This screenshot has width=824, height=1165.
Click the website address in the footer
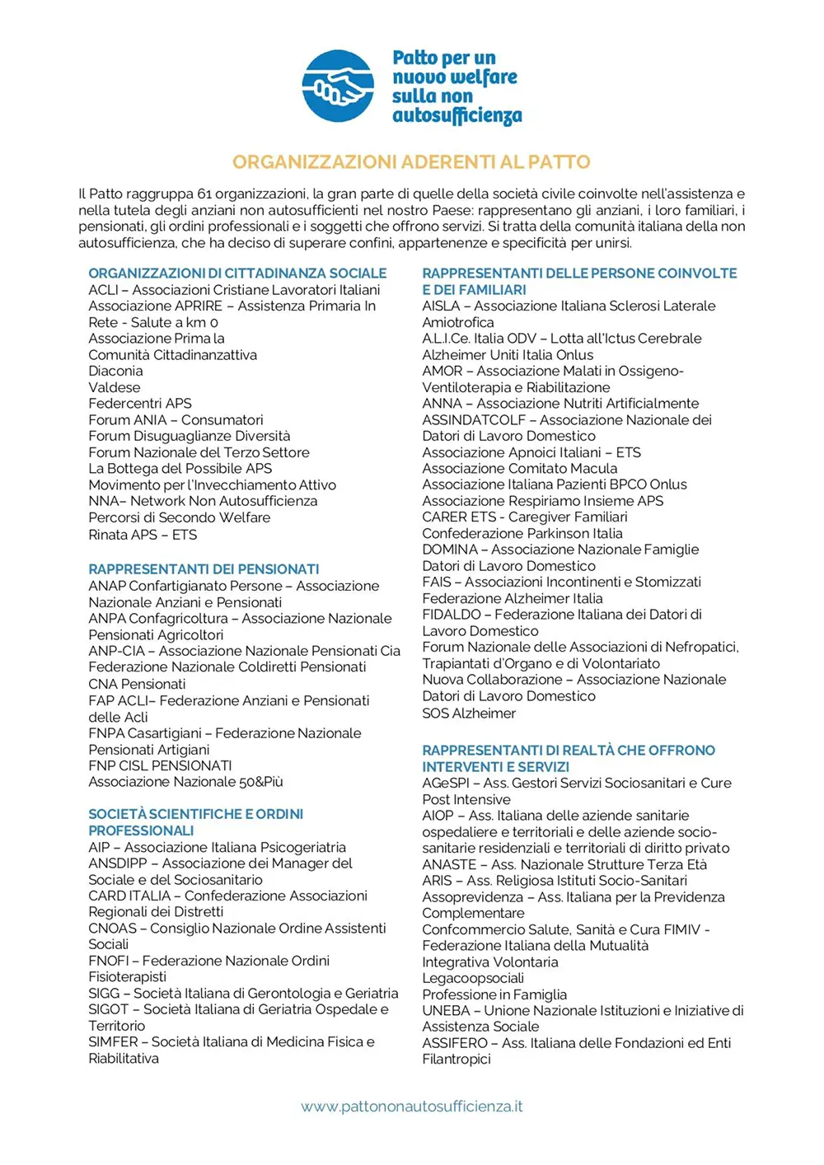411,1107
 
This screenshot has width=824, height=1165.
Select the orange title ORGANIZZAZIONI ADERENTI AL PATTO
411,161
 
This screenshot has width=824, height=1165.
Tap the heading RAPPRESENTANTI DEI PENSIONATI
204,569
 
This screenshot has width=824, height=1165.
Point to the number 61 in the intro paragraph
204,194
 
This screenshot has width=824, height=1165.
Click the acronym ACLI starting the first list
104,290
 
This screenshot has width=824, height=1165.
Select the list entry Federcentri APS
140,404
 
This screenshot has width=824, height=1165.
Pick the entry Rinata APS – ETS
143,535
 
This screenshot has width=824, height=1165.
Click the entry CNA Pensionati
137,684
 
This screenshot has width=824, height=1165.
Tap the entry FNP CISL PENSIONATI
160,765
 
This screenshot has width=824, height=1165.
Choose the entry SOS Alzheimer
469,714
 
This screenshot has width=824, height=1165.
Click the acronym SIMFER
114,1042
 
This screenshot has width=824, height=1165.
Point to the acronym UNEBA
446,1011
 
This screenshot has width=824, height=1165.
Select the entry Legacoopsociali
473,978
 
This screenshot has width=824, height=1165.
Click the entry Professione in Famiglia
494,994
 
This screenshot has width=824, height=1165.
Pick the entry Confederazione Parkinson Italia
522,533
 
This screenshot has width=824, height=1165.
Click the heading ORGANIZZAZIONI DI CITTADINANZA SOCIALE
237,274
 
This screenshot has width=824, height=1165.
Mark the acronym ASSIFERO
455,1043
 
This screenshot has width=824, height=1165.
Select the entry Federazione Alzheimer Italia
513,599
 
